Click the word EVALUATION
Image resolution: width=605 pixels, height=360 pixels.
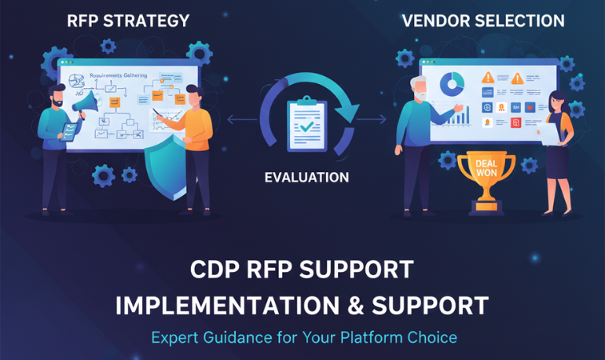(x=306, y=178)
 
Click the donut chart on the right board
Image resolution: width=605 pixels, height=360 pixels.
(x=450, y=83)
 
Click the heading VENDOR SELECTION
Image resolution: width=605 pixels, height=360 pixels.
(x=483, y=20)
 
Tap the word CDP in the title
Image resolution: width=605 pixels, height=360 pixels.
(x=215, y=270)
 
